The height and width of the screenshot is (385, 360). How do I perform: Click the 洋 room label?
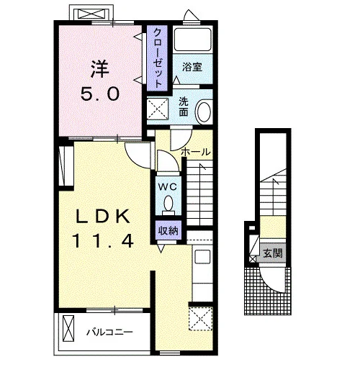coord(100,69)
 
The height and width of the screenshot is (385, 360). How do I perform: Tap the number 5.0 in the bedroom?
coord(100,94)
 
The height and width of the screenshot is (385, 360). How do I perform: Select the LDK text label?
coord(103,217)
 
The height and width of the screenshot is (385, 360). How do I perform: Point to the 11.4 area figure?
coord(103,240)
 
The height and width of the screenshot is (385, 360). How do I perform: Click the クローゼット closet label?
coord(157,58)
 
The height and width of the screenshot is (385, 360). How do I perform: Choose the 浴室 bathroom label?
coord(192,67)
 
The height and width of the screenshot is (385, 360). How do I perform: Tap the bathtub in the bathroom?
coord(192,40)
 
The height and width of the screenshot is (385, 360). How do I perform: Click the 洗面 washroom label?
coord(184,107)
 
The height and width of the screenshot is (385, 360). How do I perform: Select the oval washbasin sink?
coord(204,112)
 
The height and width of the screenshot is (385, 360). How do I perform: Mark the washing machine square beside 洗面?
coord(158,109)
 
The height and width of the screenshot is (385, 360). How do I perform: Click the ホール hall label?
coord(196,152)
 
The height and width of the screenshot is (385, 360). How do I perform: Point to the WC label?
coord(168,187)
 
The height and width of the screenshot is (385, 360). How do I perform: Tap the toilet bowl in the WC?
coord(168,204)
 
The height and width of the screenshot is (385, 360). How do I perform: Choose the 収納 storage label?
coord(168,230)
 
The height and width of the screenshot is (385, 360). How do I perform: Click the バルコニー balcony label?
coord(109,332)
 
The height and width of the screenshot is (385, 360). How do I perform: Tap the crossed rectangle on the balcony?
coord(68,329)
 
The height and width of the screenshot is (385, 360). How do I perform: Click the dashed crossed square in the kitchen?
coord(200,319)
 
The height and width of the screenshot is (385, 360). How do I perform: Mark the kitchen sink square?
coord(202,257)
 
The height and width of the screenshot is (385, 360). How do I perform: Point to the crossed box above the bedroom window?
coord(91,14)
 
